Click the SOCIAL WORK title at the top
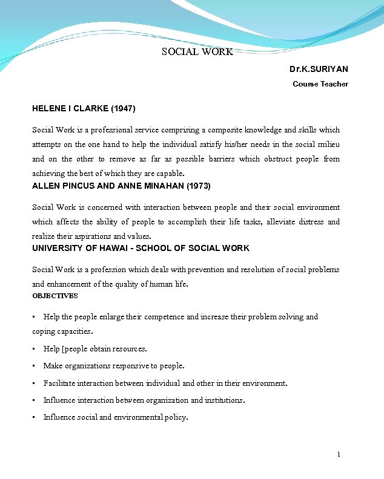197,52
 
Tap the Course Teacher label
320,84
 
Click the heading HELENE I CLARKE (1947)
84,109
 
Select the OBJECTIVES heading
55,296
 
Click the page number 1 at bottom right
339,454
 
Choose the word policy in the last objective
176,417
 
